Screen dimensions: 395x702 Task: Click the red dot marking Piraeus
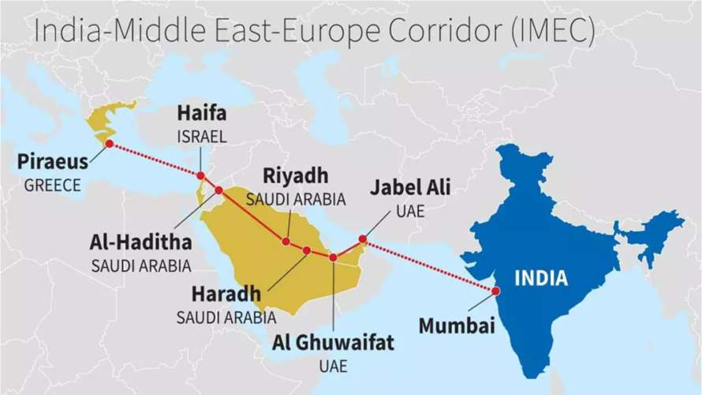(x=109, y=144)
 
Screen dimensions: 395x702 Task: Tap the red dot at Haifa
(x=201, y=176)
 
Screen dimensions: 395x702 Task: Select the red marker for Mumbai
(x=495, y=291)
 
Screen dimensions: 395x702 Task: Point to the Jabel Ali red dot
(x=362, y=238)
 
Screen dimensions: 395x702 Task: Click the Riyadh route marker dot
(x=286, y=242)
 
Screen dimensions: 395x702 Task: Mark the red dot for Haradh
(x=307, y=250)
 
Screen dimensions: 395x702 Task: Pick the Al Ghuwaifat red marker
(x=333, y=258)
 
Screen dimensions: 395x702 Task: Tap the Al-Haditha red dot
(x=218, y=190)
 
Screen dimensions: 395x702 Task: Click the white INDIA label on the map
(x=541, y=278)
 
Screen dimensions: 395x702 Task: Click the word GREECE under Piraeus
(x=52, y=186)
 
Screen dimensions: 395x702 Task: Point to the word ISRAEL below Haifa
(x=201, y=137)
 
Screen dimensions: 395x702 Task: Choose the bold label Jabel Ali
(x=411, y=189)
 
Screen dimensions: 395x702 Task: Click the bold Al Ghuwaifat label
(x=333, y=343)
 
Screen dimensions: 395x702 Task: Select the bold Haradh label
(x=226, y=295)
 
